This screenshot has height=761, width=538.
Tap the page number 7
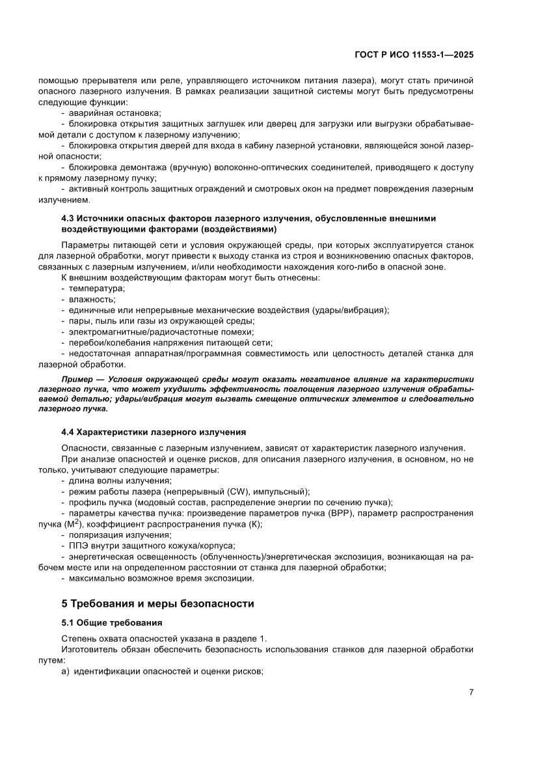(470, 692)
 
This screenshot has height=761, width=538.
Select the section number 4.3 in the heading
(68, 218)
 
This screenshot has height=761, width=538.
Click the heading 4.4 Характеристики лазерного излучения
(154, 432)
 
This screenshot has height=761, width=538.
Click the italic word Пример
(77, 379)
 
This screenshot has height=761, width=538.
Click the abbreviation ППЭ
(81, 546)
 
